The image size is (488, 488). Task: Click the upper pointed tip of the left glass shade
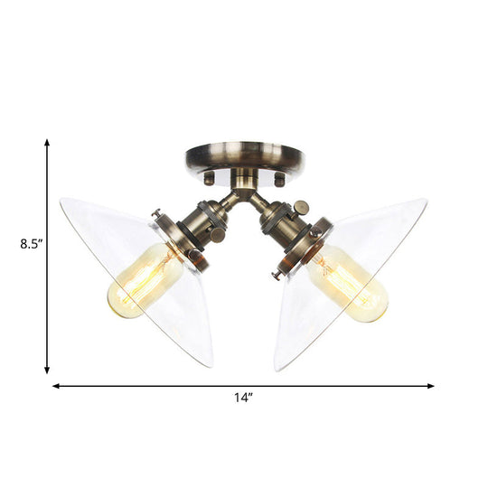point(61,201)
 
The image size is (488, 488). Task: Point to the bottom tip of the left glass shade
point(211,365)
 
